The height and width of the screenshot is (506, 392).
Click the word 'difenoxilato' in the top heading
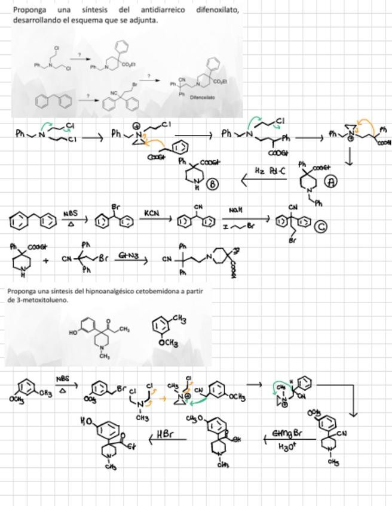tap(217, 10)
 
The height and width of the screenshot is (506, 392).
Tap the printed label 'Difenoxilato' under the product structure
tap(203, 97)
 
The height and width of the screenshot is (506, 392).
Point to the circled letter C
tap(321, 226)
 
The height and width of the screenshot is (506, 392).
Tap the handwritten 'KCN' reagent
tap(152, 212)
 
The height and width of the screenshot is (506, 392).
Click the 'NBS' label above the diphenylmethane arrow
tap(70, 212)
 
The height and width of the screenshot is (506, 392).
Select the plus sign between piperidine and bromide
tap(45, 260)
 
